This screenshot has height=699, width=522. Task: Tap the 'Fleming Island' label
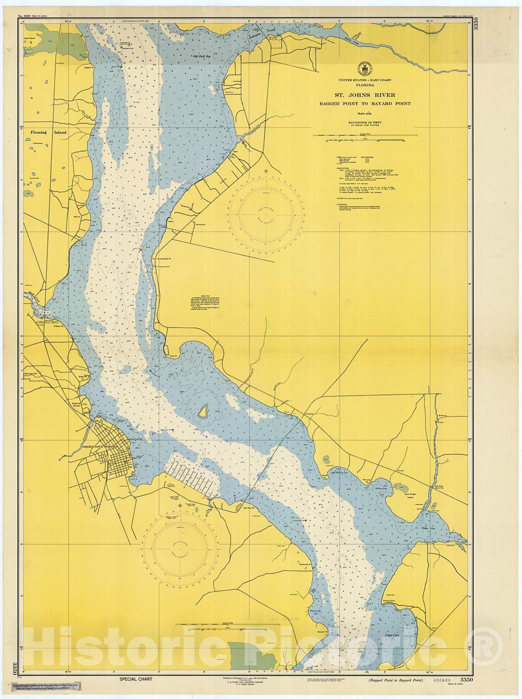click(x=42, y=132)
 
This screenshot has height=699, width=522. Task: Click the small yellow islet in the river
click(x=203, y=411)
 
